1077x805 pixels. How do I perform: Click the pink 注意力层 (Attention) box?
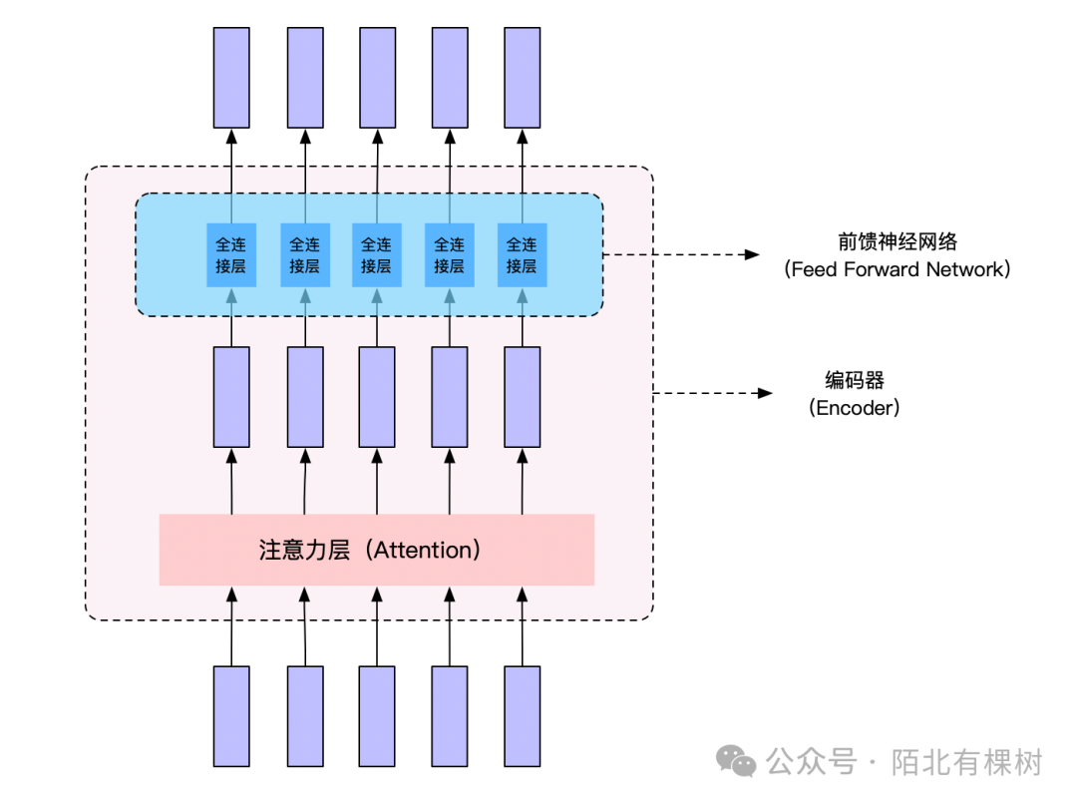coord(376,550)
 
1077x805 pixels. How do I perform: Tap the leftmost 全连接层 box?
coord(231,254)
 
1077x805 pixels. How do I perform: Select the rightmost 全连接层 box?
coord(522,254)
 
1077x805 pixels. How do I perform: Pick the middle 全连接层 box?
coord(377,254)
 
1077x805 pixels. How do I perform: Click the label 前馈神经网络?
coord(897,242)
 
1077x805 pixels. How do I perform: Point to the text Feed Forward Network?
coord(897,269)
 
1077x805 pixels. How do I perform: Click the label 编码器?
coord(855,380)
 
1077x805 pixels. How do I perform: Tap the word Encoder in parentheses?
coord(855,407)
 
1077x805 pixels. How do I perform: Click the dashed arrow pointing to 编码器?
coord(712,393)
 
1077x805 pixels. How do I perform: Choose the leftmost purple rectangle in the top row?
coord(231,77)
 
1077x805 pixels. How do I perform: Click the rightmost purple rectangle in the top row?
coord(522,77)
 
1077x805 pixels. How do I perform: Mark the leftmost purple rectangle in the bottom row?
coord(231,716)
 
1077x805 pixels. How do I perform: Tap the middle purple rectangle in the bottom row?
coord(377,716)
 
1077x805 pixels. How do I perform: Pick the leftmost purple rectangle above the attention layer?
coord(231,396)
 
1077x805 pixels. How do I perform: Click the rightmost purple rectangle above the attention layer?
coord(522,396)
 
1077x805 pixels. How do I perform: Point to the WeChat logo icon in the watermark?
coord(739,762)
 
